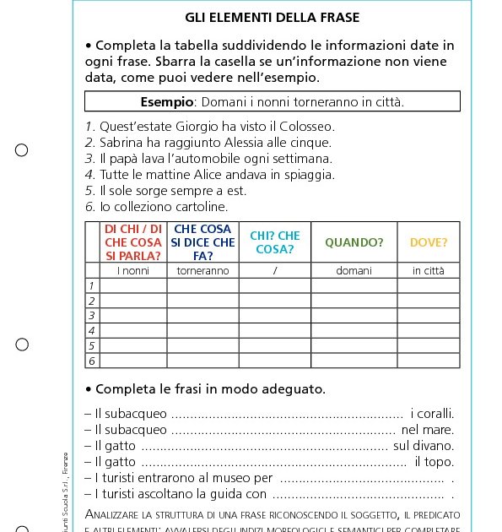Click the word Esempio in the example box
(x=167, y=101)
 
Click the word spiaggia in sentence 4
(x=307, y=174)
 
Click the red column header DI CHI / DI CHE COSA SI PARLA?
(x=133, y=242)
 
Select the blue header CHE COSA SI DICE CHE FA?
(x=202, y=242)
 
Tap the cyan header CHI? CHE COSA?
(x=275, y=242)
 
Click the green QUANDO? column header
(x=354, y=242)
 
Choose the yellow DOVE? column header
(x=429, y=242)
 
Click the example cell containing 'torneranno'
(x=202, y=270)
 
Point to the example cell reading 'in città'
(x=429, y=270)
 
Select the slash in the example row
(x=275, y=270)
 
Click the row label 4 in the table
(x=92, y=330)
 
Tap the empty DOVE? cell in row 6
(x=429, y=361)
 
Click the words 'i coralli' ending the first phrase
(x=432, y=413)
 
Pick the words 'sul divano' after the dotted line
(x=424, y=445)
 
